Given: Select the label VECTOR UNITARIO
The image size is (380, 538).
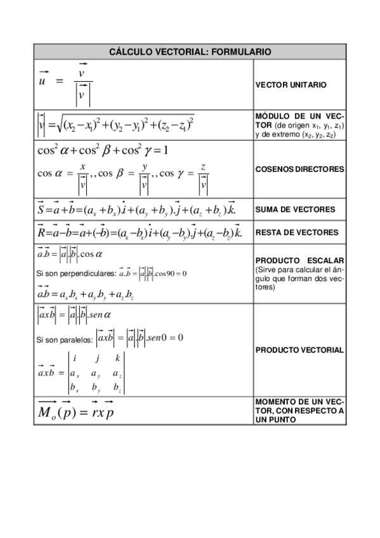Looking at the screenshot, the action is [291, 84].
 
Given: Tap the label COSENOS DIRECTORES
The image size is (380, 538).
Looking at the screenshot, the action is [299, 169].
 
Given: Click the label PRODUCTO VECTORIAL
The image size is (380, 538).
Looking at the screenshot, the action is [299, 350].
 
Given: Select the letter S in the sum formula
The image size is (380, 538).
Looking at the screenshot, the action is [41, 209].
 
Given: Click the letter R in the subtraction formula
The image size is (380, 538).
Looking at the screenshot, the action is [42, 232].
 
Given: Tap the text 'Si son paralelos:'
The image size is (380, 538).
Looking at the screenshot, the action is [63, 339].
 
